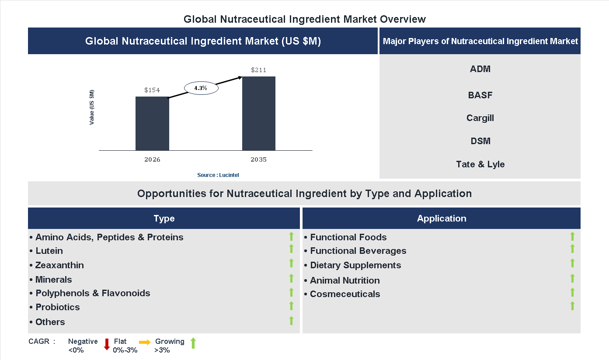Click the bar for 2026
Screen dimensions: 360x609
click(152, 124)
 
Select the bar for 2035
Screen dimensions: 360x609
click(259, 114)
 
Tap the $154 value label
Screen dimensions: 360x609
click(152, 90)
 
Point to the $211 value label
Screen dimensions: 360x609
click(259, 70)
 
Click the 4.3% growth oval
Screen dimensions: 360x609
click(201, 88)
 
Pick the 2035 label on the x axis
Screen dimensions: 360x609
click(259, 159)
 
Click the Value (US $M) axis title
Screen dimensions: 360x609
click(92, 107)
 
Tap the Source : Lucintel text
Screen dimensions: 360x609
click(218, 175)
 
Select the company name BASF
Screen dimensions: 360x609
click(480, 95)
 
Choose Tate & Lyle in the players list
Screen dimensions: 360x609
click(480, 164)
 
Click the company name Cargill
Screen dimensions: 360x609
click(480, 118)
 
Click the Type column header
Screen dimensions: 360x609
click(164, 218)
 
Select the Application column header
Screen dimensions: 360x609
click(442, 218)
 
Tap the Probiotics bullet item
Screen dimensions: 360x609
click(58, 307)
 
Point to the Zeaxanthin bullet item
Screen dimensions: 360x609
click(59, 265)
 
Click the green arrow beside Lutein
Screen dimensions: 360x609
click(291, 249)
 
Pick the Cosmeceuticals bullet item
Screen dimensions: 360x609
click(345, 294)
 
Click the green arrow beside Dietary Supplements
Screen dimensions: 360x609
click(572, 263)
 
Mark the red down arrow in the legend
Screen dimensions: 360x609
click(107, 344)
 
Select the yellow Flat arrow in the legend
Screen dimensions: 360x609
click(145, 343)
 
